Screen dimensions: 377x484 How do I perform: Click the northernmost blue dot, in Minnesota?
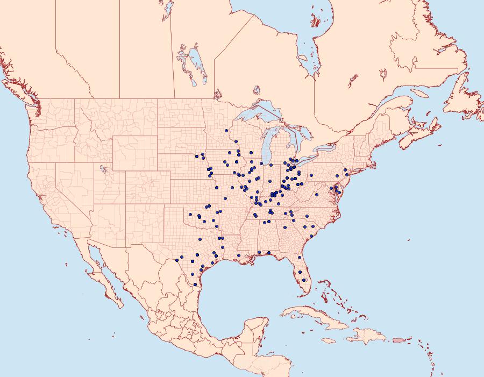coord(226,131)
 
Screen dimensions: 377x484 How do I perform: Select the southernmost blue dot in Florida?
coord(304,280)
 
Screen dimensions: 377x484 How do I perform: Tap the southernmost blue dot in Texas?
coord(195,284)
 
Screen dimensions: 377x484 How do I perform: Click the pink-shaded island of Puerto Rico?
coord(397,339)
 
